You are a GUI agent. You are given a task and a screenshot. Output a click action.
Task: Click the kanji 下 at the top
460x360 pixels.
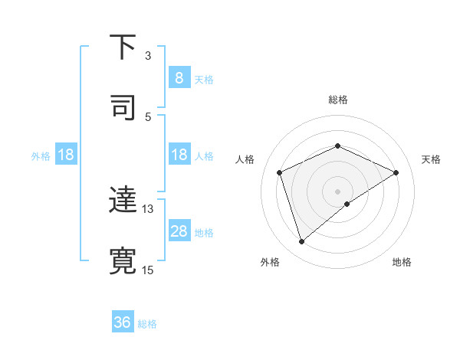[123, 47]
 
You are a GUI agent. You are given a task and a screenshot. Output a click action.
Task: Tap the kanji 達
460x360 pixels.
[123, 200]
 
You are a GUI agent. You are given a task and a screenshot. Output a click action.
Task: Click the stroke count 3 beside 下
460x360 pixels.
[148, 56]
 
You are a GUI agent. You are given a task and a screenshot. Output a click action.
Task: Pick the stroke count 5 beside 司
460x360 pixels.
[148, 116]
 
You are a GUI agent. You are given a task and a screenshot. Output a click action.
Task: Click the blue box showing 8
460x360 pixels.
[179, 78]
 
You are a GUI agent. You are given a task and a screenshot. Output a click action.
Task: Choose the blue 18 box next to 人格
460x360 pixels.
[179, 155]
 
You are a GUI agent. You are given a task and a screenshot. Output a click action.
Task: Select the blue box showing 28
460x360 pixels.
[179, 231]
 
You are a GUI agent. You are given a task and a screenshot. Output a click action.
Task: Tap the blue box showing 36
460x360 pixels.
[123, 322]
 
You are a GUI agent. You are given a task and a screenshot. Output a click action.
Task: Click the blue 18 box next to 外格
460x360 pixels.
[66, 155]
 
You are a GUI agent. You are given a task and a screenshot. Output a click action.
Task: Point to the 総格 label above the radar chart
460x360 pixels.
[338, 100]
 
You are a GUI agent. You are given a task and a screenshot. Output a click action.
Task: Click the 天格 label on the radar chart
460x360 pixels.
[431, 159]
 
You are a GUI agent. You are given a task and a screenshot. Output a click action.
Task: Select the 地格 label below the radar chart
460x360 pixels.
[402, 262]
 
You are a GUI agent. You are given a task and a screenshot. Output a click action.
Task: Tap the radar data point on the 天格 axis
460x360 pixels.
[396, 172]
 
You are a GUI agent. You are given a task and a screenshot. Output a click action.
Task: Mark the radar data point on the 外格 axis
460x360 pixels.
[301, 242]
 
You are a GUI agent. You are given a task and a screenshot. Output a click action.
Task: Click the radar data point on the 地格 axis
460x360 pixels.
[347, 204]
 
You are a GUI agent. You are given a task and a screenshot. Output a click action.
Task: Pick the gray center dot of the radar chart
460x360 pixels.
[338, 191]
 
